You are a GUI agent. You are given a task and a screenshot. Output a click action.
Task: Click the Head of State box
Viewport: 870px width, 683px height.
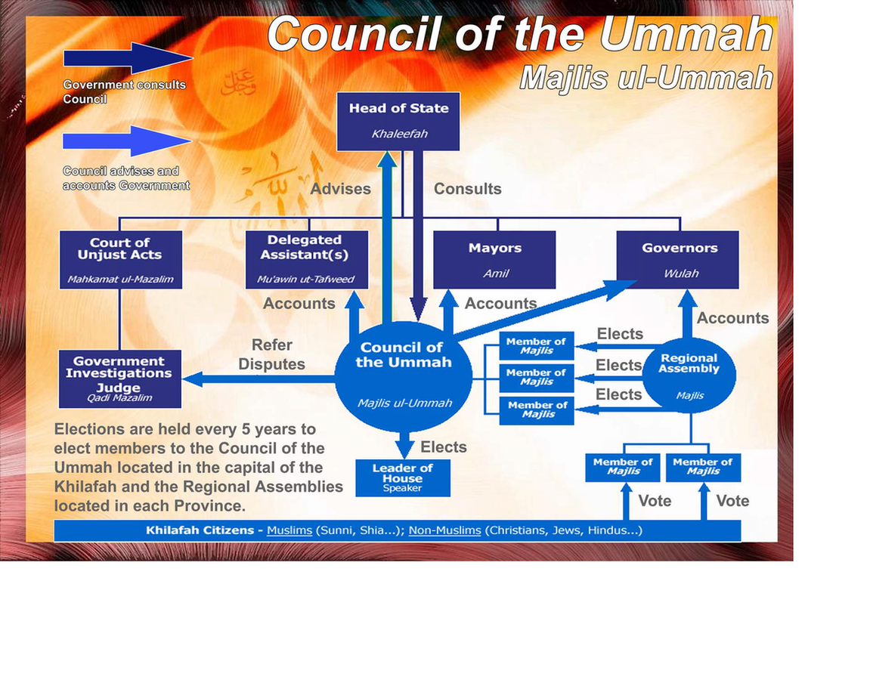point(398,122)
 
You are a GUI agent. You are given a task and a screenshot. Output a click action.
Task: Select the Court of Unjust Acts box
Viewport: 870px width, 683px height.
point(119,259)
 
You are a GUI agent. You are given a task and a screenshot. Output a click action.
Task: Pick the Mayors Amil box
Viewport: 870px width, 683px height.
point(494,259)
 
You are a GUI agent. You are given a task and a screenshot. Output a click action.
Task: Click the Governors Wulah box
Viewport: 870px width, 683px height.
point(678,259)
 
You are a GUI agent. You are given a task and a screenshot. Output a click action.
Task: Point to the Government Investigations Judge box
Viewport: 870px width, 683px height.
point(119,379)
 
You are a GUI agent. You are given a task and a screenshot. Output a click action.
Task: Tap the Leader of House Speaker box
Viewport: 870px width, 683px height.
point(402,477)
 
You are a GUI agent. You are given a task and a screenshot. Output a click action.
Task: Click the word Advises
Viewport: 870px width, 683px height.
point(340,189)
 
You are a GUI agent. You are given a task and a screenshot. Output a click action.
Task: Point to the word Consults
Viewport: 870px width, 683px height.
point(467,189)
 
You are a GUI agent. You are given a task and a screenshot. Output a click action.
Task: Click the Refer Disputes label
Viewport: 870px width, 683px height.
point(271,354)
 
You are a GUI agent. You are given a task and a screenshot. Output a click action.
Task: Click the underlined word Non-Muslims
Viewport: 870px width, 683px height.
point(444,530)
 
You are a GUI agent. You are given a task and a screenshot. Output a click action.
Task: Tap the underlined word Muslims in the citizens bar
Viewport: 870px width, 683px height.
point(289,530)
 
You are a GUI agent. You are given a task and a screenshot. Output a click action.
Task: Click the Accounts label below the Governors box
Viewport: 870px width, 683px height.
point(732,318)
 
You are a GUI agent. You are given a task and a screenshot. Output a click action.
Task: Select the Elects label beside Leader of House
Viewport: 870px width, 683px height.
point(443,447)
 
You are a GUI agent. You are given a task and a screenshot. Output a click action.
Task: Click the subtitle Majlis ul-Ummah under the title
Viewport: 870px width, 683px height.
point(646,78)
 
